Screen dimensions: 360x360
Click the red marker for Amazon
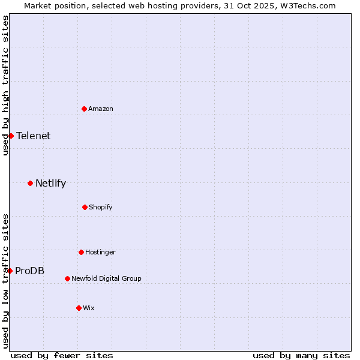85,109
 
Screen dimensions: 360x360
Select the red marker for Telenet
11,136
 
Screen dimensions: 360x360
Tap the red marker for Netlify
30,183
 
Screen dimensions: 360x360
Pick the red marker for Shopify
85,207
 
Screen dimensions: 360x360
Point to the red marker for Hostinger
81,252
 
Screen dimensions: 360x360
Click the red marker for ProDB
10,271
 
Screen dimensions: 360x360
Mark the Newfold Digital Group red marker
67,278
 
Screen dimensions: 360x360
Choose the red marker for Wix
79,308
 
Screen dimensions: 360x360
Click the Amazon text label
101,109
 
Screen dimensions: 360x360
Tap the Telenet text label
34,136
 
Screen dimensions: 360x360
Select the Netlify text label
50,183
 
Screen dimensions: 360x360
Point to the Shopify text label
101,207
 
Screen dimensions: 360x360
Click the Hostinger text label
100,252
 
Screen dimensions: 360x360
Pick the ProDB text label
29,271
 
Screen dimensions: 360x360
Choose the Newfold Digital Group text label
106,278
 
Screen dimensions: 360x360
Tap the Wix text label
89,308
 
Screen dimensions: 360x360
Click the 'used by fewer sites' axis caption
62,355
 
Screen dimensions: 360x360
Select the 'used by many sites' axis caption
301,355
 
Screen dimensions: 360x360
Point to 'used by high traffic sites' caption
5,85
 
